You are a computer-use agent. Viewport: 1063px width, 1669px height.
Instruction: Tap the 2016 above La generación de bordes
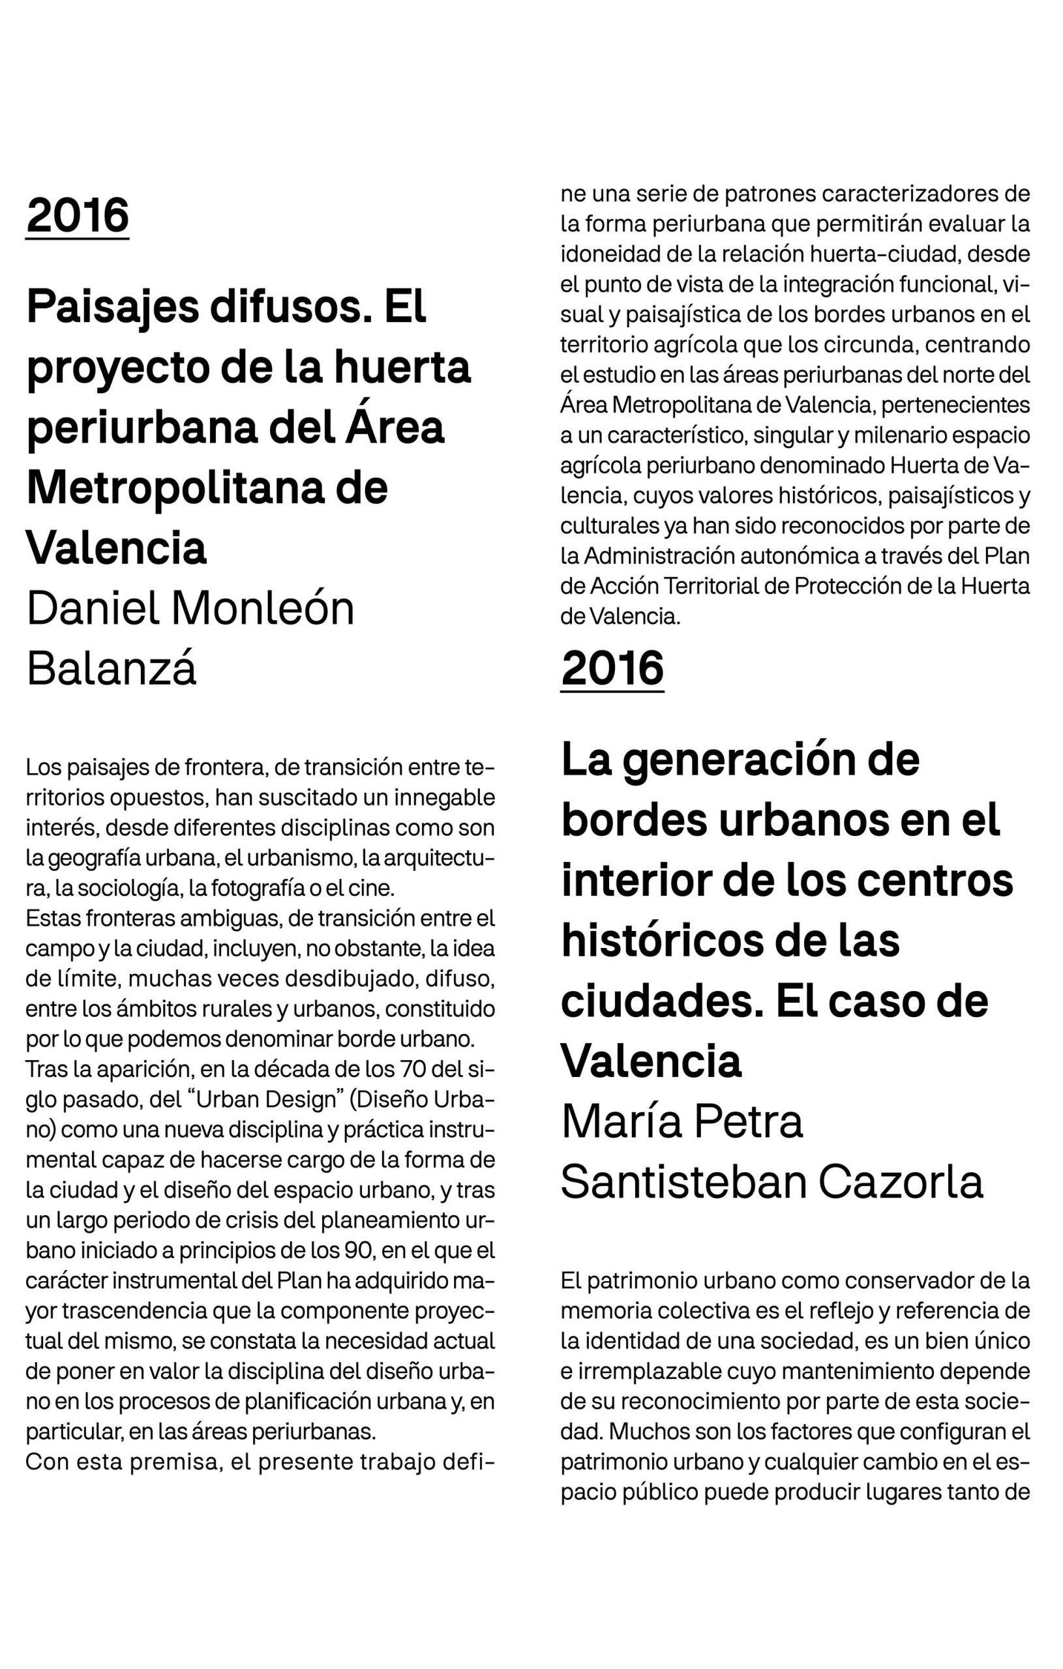[612, 668]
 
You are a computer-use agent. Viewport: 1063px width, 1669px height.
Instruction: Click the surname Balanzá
[111, 669]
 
